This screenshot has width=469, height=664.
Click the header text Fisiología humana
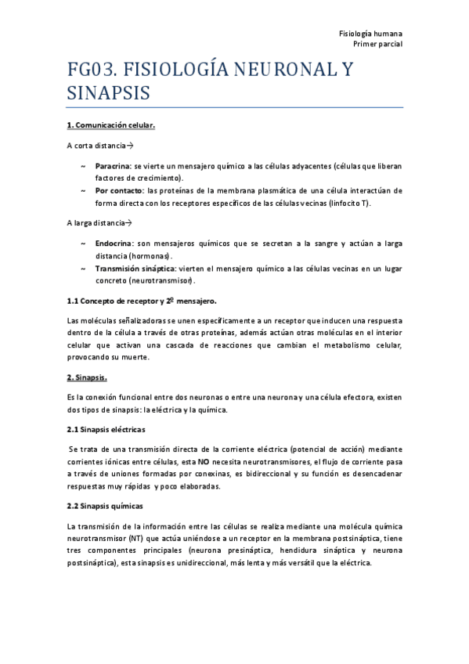(370, 34)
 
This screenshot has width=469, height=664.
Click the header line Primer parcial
(377, 45)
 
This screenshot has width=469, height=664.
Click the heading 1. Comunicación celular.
(111, 125)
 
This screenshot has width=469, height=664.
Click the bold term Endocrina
(114, 244)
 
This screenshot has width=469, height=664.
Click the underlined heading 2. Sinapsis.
(87, 377)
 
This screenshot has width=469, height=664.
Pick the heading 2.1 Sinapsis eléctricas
(106, 430)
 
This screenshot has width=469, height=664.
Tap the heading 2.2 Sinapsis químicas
(105, 506)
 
